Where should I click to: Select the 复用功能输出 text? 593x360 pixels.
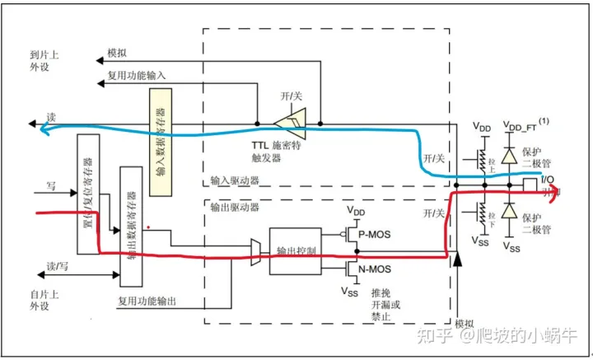tap(147, 302)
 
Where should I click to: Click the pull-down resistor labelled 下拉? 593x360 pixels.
tap(475, 217)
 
